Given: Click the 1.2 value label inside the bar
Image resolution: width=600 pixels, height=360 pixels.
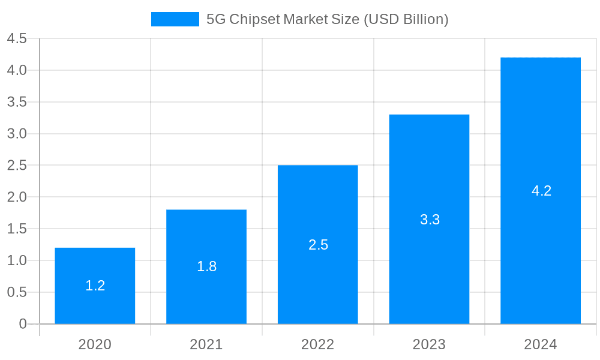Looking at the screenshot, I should click(95, 286).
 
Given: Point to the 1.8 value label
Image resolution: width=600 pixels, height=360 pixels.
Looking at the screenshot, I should click(206, 266).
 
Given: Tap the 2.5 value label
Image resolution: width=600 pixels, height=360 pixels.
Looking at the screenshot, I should click(318, 245).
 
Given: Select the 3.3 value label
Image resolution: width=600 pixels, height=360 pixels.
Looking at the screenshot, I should click(430, 220).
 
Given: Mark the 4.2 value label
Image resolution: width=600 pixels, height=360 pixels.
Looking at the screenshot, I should click(541, 191).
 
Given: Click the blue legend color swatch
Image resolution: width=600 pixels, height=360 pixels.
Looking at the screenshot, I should click(175, 19).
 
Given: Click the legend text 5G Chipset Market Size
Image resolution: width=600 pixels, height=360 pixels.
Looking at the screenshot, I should click(327, 19).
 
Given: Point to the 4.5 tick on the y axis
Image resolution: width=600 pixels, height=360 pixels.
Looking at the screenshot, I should click(17, 39).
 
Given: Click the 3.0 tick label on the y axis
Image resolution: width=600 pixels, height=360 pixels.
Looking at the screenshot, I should click(17, 134).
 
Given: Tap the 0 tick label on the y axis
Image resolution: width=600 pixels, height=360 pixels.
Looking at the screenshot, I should click(23, 324).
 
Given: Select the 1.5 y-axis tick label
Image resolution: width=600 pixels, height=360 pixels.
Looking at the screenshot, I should click(17, 229).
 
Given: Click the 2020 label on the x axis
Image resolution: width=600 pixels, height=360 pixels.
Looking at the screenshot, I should click(95, 344).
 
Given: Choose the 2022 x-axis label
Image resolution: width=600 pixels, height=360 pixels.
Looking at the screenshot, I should click(318, 344).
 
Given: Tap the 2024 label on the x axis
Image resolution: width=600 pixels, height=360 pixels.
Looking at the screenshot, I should click(541, 344).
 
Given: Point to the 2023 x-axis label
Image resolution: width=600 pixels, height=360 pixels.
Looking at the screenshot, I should click(429, 344).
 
